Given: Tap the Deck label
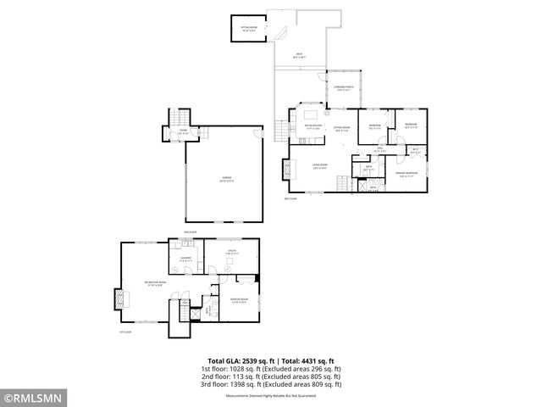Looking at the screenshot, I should coord(301,56).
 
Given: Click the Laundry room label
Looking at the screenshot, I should coord(185,258).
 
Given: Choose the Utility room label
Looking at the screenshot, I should coord(231,252).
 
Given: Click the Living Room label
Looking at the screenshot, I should coord(319,167).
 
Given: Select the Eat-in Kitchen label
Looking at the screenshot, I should coord(313,127).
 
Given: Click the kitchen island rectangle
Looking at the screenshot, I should coord(310,112).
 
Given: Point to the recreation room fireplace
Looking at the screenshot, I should coord(118,299).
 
